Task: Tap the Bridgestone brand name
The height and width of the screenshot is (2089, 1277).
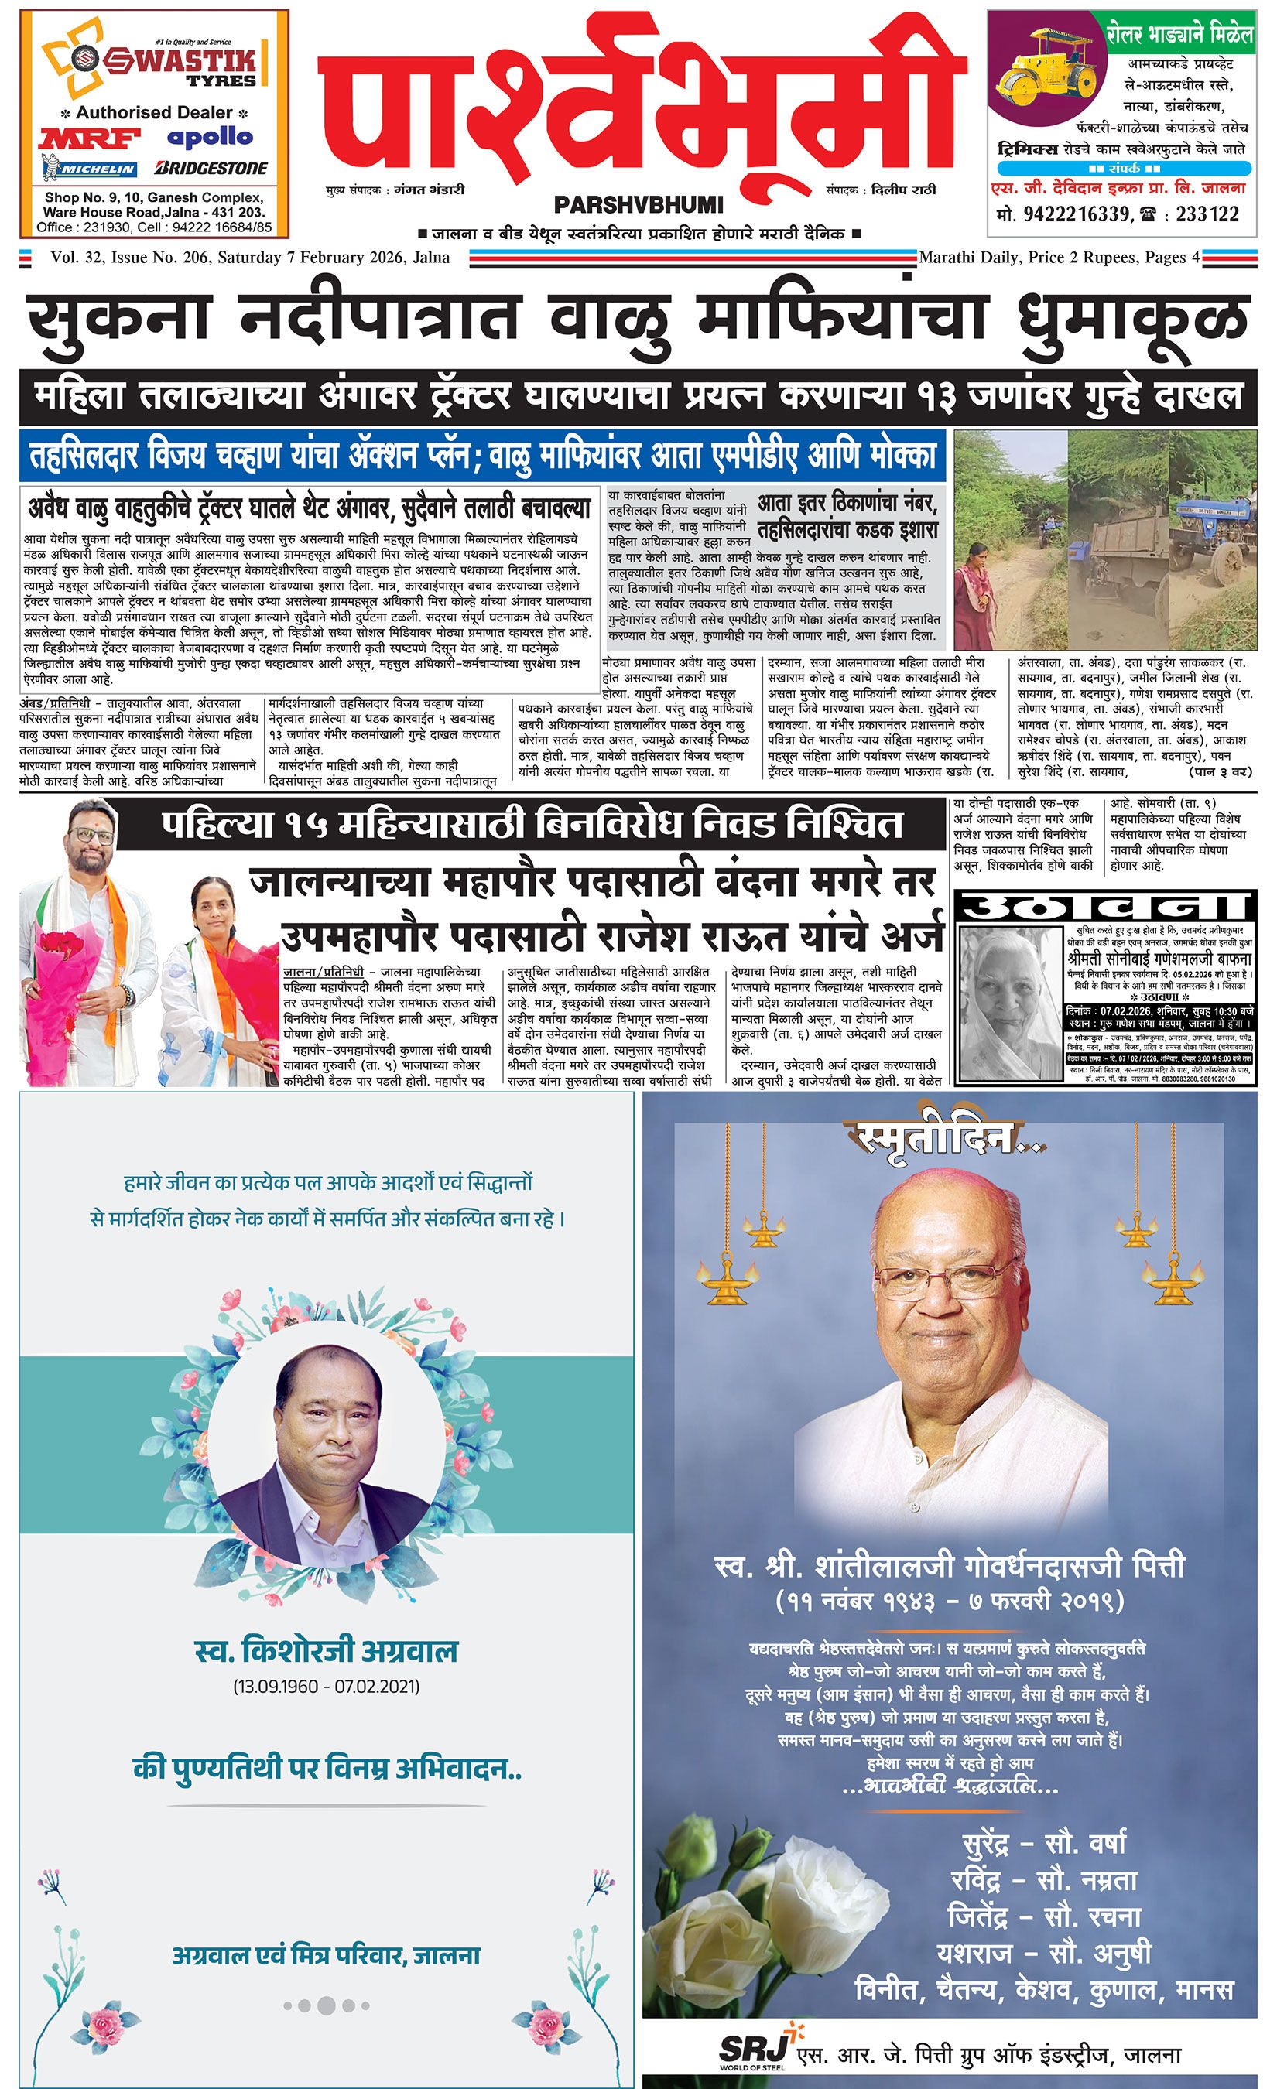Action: [212, 168]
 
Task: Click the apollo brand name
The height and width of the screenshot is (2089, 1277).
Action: [210, 135]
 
